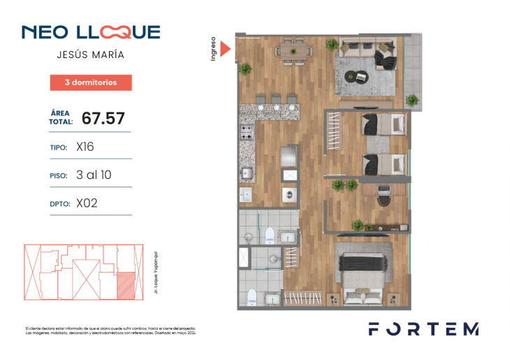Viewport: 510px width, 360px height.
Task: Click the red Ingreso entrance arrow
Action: tap(225, 48)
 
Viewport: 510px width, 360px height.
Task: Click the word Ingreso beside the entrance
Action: tap(213, 48)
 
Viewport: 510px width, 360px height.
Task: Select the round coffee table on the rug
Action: tap(361, 76)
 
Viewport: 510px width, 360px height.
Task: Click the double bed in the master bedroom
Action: tap(363, 273)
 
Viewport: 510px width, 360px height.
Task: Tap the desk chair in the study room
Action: tap(384, 199)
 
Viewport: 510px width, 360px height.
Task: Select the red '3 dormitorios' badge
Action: tap(90, 82)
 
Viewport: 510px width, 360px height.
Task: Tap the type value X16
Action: tap(85, 147)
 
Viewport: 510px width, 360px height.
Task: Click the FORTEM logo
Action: tap(423, 329)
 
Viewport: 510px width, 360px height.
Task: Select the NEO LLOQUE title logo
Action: tap(91, 32)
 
